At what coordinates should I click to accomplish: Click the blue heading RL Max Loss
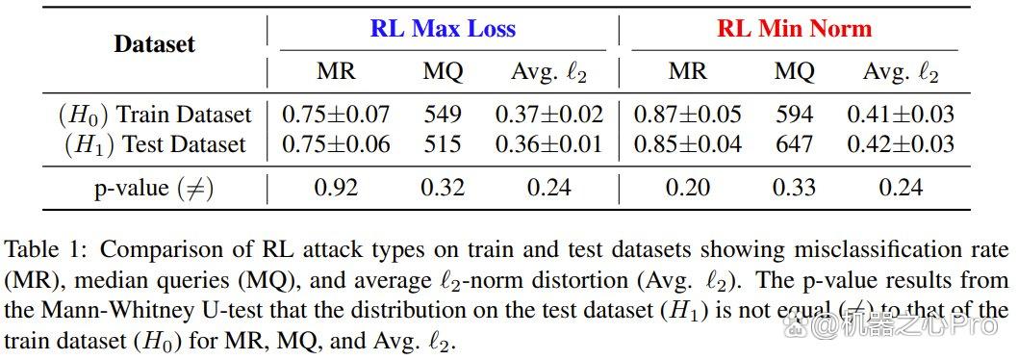(x=443, y=29)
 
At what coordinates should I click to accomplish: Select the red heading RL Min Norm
(x=794, y=29)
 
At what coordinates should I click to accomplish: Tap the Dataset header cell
(x=155, y=44)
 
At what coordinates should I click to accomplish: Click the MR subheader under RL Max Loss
(x=336, y=71)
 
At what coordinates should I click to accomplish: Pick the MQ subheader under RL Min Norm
(x=794, y=71)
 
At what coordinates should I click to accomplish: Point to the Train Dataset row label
(x=154, y=115)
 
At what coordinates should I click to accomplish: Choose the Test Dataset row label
(x=156, y=144)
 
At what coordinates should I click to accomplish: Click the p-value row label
(x=154, y=189)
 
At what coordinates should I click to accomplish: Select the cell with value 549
(x=443, y=115)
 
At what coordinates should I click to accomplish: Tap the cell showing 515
(x=443, y=144)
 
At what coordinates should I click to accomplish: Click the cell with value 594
(x=794, y=115)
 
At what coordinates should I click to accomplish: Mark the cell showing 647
(x=794, y=144)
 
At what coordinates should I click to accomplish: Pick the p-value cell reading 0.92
(x=336, y=188)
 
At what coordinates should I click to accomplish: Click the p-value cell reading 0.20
(x=688, y=188)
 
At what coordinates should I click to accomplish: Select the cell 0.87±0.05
(x=688, y=115)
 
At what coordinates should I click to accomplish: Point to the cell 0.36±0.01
(x=549, y=144)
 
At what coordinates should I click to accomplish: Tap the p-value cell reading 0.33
(x=794, y=188)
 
